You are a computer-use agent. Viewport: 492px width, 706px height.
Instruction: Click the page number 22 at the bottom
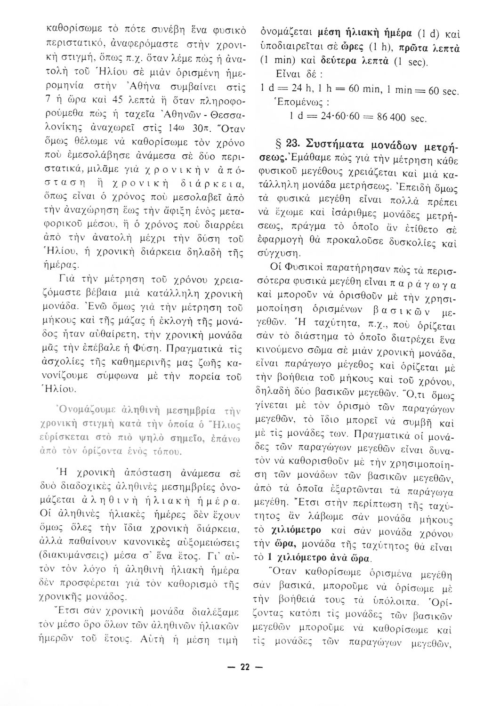pyautogui.click(x=246, y=667)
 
